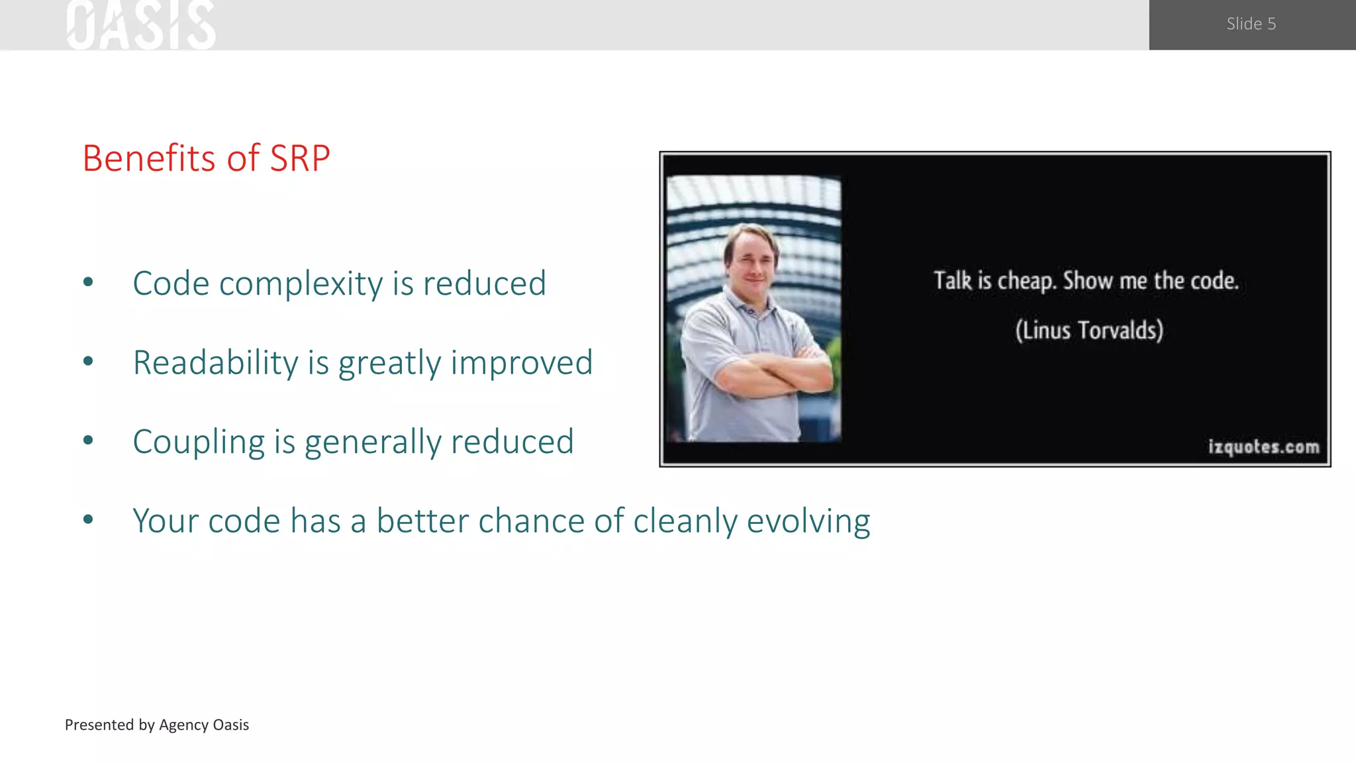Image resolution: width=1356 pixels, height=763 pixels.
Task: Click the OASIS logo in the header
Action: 141,25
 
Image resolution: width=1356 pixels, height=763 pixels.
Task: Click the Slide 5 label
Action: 1251,24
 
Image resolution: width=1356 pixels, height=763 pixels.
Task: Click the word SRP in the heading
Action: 299,159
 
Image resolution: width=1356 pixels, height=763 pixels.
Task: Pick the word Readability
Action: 216,364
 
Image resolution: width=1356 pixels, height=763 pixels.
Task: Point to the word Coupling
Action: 199,442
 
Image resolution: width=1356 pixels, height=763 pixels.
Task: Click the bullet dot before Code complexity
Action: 88,283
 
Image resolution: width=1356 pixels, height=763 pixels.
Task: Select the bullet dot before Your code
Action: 88,520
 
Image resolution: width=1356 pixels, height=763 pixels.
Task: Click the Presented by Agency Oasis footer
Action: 157,725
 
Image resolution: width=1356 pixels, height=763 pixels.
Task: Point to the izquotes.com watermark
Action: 1263,447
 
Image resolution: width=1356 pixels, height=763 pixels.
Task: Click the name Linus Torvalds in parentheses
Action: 1089,330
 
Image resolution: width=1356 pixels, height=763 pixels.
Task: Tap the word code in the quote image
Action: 1214,281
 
